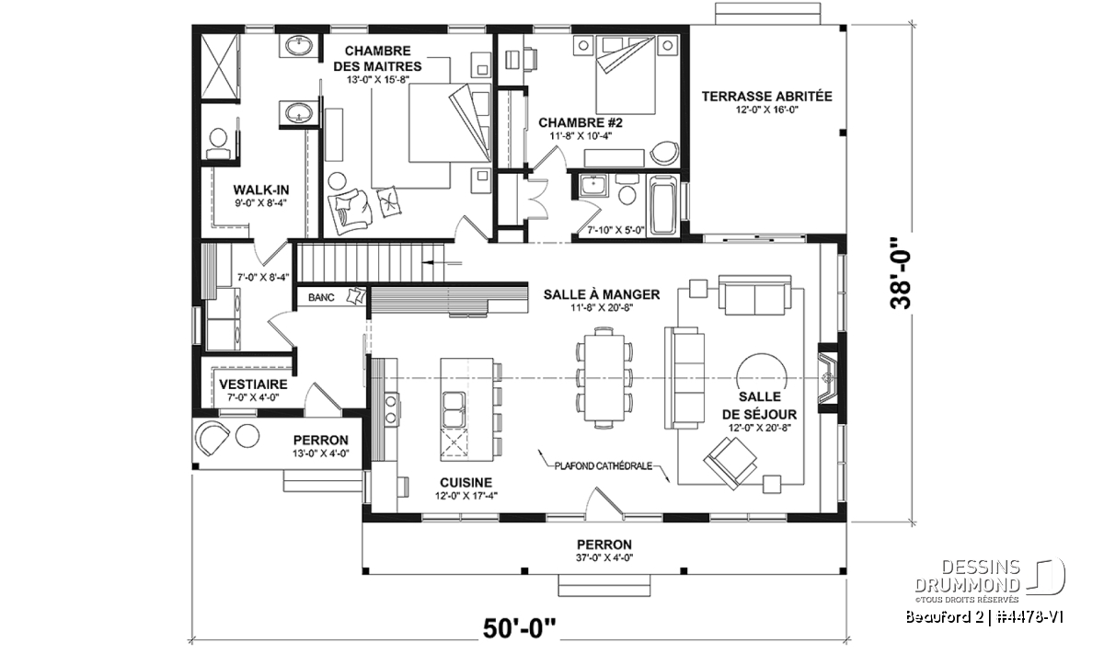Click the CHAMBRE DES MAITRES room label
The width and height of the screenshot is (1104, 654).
[x=377, y=58]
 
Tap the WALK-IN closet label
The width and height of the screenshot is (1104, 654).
[x=260, y=189]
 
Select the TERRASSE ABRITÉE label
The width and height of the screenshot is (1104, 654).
[x=767, y=96]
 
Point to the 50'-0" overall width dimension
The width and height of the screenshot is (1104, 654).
[x=519, y=628]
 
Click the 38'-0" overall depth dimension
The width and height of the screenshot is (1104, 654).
[x=901, y=274]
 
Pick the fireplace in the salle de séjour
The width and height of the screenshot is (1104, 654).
[x=828, y=377]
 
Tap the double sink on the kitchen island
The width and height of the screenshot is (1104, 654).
[x=454, y=409]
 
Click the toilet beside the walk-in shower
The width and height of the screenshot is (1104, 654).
[x=218, y=143]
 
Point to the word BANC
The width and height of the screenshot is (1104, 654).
[x=321, y=297]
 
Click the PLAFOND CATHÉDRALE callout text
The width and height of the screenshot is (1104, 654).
[x=604, y=465]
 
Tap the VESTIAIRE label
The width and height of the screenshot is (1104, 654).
[x=253, y=384]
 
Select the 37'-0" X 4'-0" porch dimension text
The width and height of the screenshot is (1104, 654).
[x=604, y=557]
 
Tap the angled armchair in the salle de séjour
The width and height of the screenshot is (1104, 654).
[x=730, y=463]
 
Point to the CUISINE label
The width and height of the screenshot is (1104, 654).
[x=466, y=483]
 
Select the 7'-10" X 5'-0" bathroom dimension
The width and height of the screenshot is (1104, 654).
[x=616, y=230]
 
